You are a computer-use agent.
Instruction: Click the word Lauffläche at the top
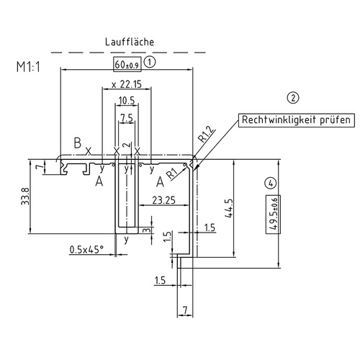click(130, 42)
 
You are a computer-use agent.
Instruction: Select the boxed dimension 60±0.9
click(127, 64)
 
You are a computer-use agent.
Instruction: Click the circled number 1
click(150, 63)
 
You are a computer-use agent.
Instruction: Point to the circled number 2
click(292, 98)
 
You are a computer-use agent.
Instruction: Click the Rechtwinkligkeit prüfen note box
click(295, 120)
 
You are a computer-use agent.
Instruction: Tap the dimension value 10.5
click(127, 100)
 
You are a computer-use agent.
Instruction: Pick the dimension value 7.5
click(126, 117)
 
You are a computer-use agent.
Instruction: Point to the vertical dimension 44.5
click(229, 208)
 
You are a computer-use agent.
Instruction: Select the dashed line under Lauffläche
click(130, 51)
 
